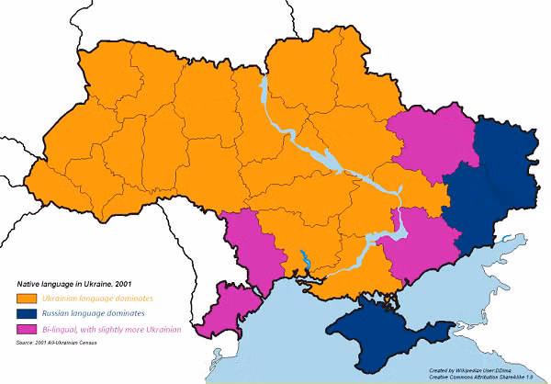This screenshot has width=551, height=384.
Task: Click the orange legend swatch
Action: point(26,299)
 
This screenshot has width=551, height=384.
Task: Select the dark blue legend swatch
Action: point(26,314)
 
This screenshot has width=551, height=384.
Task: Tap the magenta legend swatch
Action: point(26,330)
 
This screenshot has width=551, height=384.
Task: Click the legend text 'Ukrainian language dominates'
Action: point(97,299)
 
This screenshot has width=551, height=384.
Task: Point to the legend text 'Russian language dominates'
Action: point(93,314)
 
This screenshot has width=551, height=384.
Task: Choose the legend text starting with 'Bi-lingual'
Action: point(111,330)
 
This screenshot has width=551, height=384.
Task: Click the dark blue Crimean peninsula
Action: point(377,335)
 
